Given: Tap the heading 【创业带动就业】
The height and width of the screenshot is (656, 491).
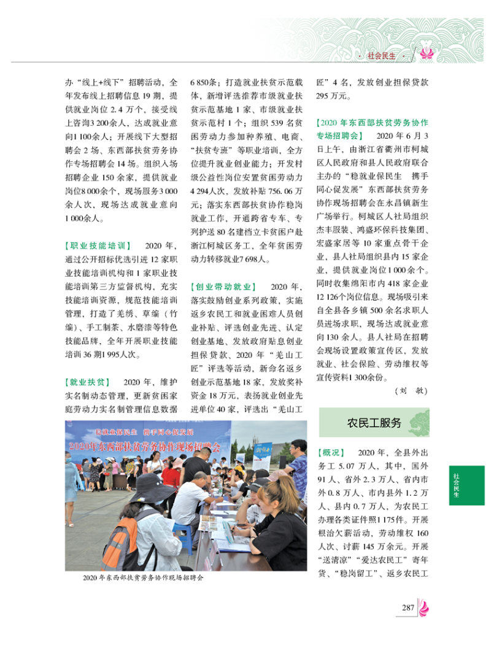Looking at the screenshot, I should click(223, 287).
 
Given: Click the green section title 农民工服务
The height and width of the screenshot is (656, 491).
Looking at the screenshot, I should click(374, 423).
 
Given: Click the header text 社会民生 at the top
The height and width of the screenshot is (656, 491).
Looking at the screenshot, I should click(381, 55).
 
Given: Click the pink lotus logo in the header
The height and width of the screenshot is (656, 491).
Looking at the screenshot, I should click(425, 55).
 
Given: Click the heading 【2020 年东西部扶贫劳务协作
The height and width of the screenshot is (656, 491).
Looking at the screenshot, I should click(372, 122).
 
